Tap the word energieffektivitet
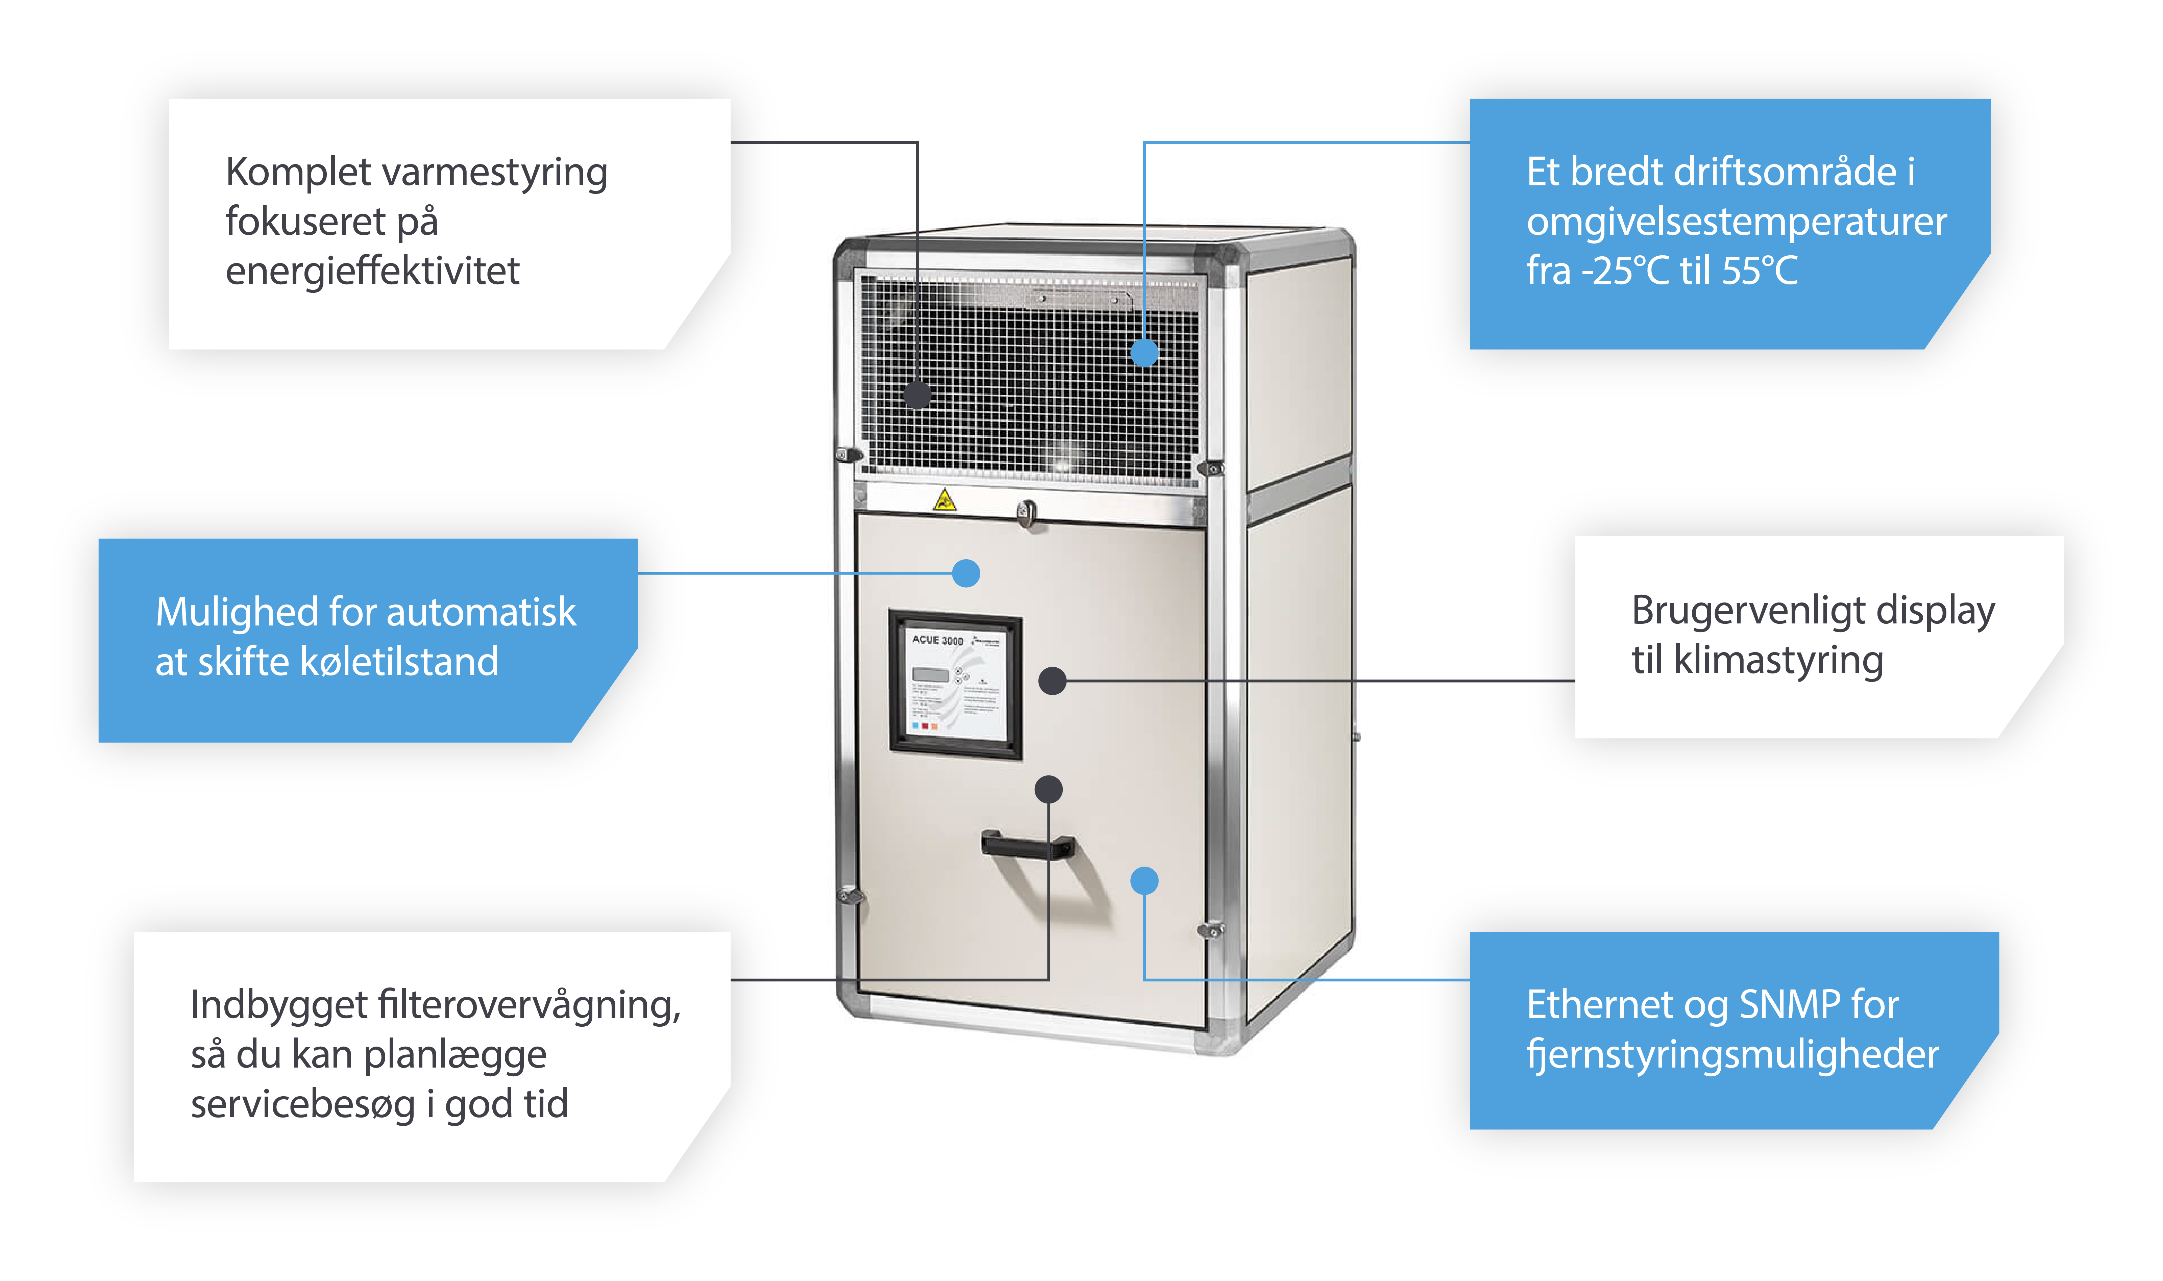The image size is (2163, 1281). tap(372, 271)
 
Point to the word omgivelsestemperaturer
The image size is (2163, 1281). tap(1736, 222)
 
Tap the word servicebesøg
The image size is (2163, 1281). tap(302, 1105)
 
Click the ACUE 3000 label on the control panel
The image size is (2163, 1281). tap(937, 640)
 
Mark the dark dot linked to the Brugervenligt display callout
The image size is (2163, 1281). tap(1052, 681)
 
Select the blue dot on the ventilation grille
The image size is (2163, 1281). tap(1144, 352)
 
